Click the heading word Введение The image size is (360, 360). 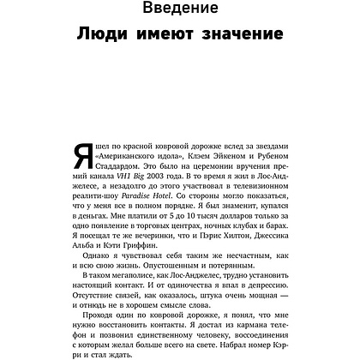pyautogui.click(x=180, y=10)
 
